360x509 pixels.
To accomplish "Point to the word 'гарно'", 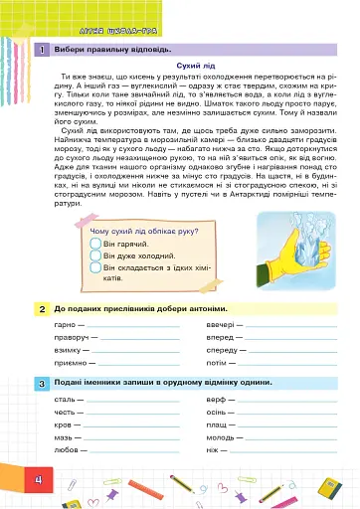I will click(66, 325).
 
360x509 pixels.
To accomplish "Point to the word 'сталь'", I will click(66, 400).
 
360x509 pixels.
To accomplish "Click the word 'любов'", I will click(67, 450).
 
